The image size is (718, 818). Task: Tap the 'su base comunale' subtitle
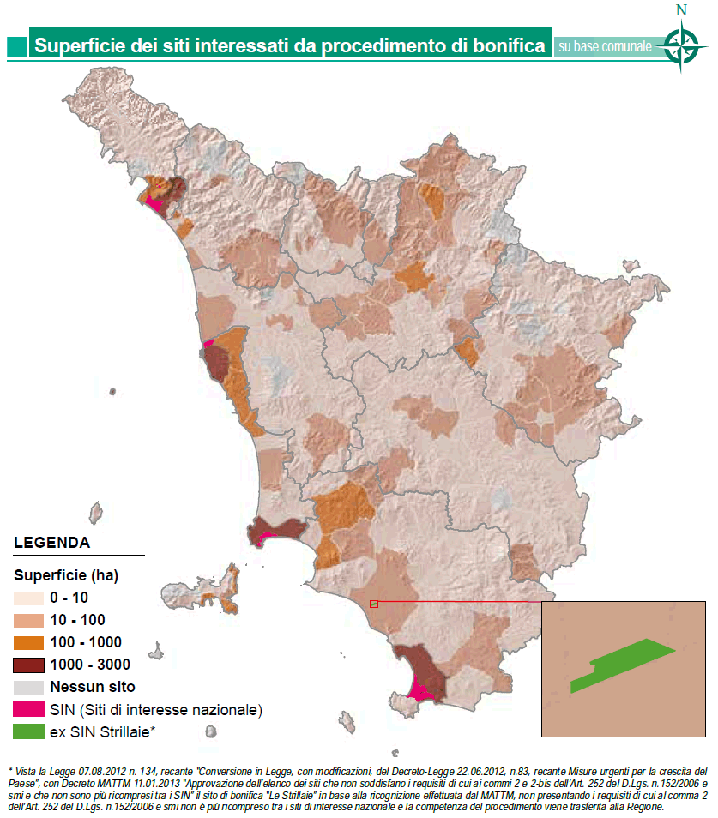click(x=604, y=46)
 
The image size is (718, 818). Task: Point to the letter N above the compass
click(x=682, y=10)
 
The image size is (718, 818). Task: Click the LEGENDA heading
click(x=52, y=543)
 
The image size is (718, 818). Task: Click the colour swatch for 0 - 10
click(x=29, y=598)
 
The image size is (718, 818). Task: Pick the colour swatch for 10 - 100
click(x=29, y=620)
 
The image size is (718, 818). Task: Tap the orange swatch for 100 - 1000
click(x=29, y=642)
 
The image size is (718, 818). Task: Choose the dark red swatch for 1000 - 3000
click(x=29, y=665)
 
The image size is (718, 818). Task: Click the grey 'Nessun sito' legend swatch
click(x=29, y=687)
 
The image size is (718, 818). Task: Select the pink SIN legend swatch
click(x=29, y=709)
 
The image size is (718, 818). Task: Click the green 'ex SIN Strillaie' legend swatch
click(x=29, y=731)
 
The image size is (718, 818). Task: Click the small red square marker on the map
click(x=373, y=604)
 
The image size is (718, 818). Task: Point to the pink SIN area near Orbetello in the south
click(x=421, y=690)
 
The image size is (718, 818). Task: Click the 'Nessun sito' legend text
click(x=93, y=687)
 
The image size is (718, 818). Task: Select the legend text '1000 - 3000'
click(x=90, y=665)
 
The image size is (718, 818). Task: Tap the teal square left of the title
click(x=16, y=46)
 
